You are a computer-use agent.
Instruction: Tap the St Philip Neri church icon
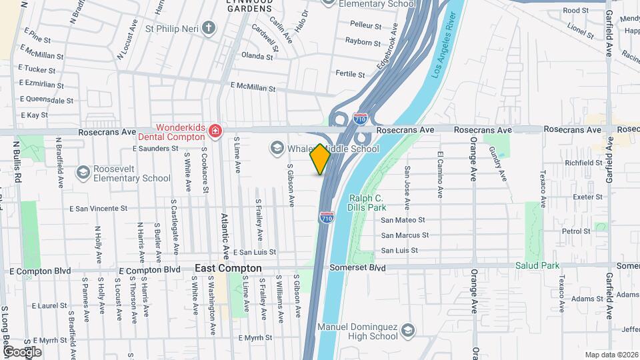[x=209, y=28]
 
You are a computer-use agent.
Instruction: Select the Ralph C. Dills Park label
[x=367, y=203]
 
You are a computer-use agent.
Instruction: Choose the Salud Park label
[x=537, y=265]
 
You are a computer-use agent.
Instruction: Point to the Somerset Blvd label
[x=359, y=267]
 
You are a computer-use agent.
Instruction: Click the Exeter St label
[x=587, y=197]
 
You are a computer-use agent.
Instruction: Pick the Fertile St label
[x=351, y=74]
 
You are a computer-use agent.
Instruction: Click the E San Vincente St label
[x=98, y=208]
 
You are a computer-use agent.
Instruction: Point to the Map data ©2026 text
[x=611, y=355]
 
